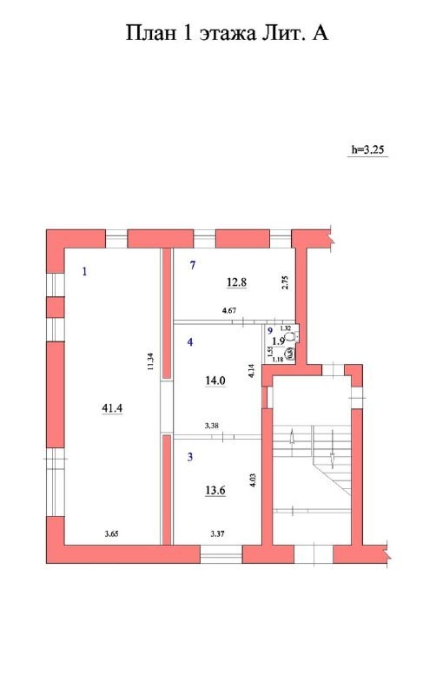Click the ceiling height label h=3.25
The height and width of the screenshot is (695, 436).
click(367, 149)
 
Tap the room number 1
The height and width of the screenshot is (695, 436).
click(84, 272)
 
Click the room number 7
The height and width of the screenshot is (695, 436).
click(193, 265)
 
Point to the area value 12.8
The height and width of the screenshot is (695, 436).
click(237, 281)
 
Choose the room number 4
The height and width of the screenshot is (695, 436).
click(190, 342)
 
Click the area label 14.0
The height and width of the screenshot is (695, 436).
click(215, 380)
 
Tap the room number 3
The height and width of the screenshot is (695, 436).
click(190, 454)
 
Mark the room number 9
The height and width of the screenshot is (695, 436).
click(270, 331)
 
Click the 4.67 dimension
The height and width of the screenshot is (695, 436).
click(229, 310)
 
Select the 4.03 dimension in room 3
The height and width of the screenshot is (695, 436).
click(253, 482)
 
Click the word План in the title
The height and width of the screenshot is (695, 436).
click(153, 34)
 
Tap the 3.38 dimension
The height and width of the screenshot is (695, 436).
click(212, 426)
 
